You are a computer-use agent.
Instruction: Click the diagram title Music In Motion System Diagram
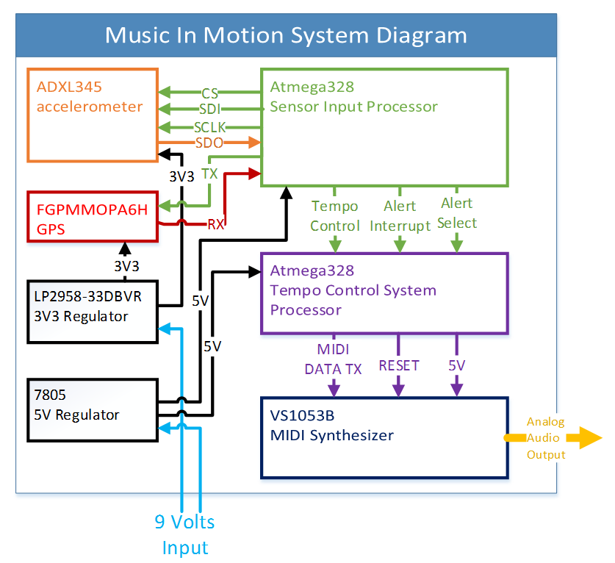pyautogui.click(x=286, y=35)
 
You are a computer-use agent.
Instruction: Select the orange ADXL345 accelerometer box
pyautogui.click(x=93, y=115)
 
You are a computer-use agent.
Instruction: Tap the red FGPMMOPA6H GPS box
pyautogui.click(x=93, y=216)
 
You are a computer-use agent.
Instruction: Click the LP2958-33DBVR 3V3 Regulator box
pyautogui.click(x=93, y=311)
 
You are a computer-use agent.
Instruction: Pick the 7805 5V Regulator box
pyautogui.click(x=93, y=409)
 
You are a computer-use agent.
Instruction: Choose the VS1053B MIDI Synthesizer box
pyautogui.click(x=384, y=437)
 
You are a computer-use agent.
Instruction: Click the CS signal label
pyautogui.click(x=210, y=93)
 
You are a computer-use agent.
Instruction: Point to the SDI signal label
pyautogui.click(x=210, y=110)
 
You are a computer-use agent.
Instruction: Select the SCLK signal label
pyautogui.click(x=210, y=127)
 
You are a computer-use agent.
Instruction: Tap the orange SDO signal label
pyautogui.click(x=209, y=143)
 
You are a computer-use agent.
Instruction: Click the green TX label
pyautogui.click(x=209, y=173)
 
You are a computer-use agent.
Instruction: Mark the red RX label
pyautogui.click(x=216, y=224)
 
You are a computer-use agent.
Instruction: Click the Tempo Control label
pyautogui.click(x=335, y=216)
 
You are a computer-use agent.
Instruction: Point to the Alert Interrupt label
pyautogui.click(x=400, y=216)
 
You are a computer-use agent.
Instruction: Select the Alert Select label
pyautogui.click(x=458, y=213)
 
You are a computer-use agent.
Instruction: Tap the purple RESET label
pyautogui.click(x=398, y=365)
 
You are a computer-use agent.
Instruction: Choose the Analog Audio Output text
pyautogui.click(x=546, y=438)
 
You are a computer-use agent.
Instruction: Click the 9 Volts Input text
pyautogui.click(x=184, y=534)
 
